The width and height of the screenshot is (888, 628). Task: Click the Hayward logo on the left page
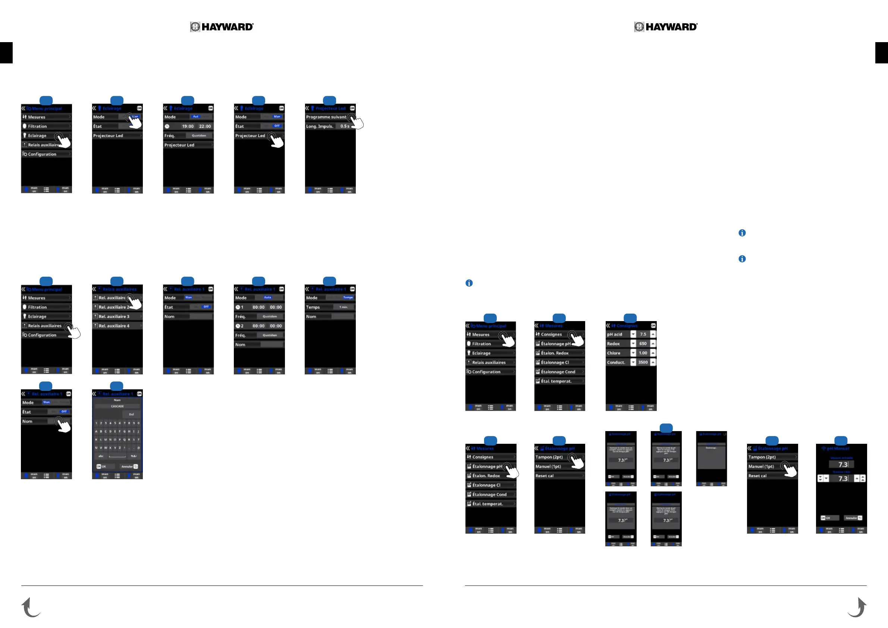[222, 27]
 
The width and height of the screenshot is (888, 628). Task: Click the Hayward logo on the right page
[666, 27]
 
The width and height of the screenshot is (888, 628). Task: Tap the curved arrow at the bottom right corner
[857, 607]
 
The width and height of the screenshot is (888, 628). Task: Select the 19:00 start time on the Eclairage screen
[188, 126]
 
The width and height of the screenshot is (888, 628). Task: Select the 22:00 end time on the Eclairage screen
[205, 126]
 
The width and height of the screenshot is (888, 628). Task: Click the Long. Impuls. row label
[320, 126]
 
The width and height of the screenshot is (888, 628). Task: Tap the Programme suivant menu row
[326, 117]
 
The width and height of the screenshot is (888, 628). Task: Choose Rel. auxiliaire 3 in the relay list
[114, 316]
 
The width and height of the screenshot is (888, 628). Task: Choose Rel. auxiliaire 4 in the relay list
[114, 326]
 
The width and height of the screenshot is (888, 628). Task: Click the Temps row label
[313, 307]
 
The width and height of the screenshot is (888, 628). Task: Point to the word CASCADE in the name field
[117, 406]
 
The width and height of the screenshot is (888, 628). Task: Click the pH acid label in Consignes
[615, 335]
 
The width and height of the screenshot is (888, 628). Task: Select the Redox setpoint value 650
[643, 344]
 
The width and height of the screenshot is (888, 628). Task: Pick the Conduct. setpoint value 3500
[643, 362]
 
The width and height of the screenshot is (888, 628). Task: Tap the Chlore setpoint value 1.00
[643, 353]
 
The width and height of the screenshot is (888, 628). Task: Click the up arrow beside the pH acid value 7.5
[653, 335]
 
